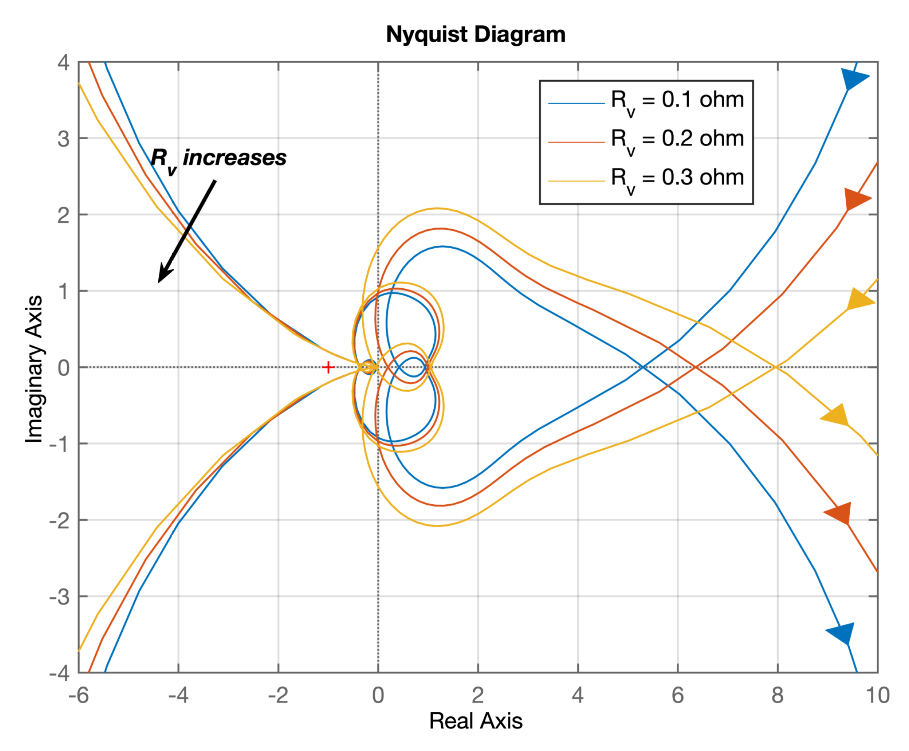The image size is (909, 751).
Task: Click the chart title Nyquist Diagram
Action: (475, 34)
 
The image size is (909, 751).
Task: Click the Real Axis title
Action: (475, 721)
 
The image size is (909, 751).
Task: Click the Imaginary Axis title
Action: (34, 369)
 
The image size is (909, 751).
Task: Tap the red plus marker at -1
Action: (328, 367)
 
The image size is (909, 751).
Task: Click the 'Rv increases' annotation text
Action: (219, 158)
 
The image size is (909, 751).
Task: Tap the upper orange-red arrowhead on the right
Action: (856, 199)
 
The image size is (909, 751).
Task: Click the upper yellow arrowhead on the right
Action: (858, 300)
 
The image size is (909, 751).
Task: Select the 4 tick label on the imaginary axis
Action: (64, 63)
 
